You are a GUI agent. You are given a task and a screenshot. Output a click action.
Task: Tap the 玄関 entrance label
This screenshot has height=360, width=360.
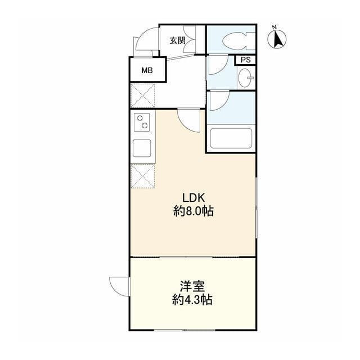click(x=178, y=40)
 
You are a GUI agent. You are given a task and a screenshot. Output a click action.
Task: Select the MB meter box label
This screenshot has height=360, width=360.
click(x=147, y=70)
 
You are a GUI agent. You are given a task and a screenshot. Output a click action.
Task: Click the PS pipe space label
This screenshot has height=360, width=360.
click(x=245, y=60)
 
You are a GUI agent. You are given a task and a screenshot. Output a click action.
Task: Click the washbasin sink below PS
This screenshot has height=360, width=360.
click(x=246, y=78)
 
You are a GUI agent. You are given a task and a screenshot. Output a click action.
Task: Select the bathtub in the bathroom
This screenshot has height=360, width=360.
click(x=231, y=138)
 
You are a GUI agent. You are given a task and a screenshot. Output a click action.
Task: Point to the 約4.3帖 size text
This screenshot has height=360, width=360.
click(x=192, y=300)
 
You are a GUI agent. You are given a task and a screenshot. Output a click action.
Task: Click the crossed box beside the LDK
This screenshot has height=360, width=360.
click(x=142, y=176)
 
